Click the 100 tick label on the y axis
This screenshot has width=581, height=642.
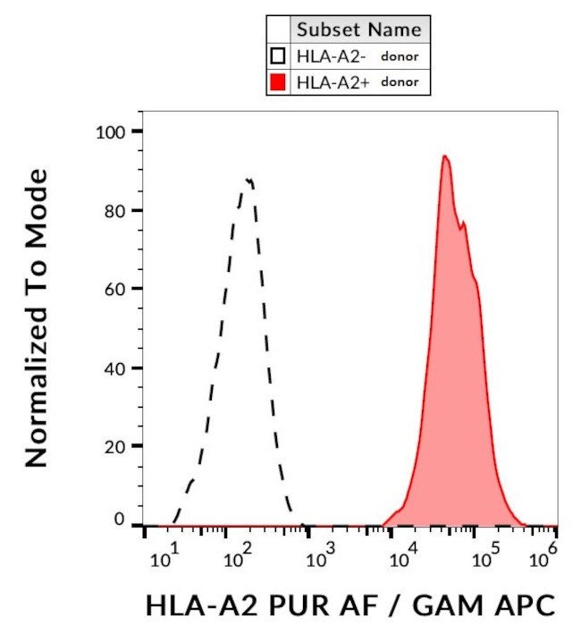[113, 132]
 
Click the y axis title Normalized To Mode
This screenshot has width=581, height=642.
[36, 317]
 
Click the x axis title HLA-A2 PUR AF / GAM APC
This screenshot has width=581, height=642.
[349, 605]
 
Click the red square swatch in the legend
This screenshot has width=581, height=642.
[278, 83]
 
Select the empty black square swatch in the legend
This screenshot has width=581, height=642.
[278, 56]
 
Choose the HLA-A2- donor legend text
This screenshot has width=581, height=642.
[358, 56]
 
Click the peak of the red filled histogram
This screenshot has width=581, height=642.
[444, 156]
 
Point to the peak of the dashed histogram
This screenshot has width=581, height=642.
[248, 179]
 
